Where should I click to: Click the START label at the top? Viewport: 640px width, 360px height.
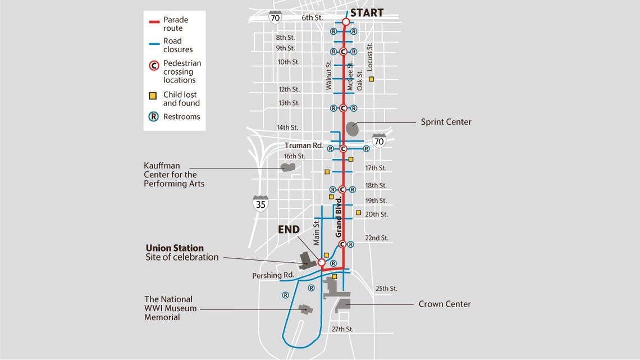pyautogui.click(x=367, y=12)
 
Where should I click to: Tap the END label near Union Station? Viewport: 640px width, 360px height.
pyautogui.click(x=290, y=230)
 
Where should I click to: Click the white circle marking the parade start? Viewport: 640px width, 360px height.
pyautogui.click(x=346, y=22)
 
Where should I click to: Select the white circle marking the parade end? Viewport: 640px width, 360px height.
pyautogui.click(x=322, y=262)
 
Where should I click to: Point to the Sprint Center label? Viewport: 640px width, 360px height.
pyautogui.click(x=446, y=122)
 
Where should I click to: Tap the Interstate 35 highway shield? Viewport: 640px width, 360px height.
pyautogui.click(x=260, y=203)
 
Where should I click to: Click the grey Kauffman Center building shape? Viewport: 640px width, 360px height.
pyautogui.click(x=288, y=167)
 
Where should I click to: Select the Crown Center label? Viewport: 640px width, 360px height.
pyautogui.click(x=445, y=304)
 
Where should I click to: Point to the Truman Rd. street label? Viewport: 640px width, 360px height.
pyautogui.click(x=304, y=145)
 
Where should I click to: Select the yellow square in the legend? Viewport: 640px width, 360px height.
pyautogui.click(x=152, y=95)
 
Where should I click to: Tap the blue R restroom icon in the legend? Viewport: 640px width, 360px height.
pyautogui.click(x=153, y=117)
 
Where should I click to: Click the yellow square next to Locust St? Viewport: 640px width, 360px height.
pyautogui.click(x=371, y=79)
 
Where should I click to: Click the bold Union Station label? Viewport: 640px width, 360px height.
pyautogui.click(x=175, y=248)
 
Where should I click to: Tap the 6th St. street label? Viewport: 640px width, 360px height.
pyautogui.click(x=312, y=18)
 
